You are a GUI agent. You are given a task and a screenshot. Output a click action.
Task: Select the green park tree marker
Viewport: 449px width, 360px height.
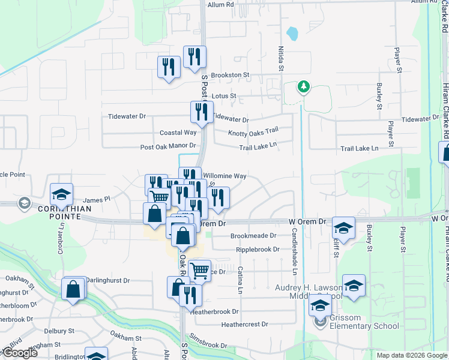(304, 87)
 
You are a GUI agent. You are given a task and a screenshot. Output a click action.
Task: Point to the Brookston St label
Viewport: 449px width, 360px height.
(229, 75)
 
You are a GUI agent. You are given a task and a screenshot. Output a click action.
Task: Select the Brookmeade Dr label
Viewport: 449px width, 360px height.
(253, 236)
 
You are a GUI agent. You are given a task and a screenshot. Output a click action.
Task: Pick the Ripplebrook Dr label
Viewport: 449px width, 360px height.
(258, 249)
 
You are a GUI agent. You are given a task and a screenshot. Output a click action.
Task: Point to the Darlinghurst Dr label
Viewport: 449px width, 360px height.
(107, 280)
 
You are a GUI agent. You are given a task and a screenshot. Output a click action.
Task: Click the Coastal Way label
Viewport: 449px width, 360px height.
(178, 133)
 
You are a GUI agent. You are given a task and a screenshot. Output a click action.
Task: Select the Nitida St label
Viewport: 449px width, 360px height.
(280, 58)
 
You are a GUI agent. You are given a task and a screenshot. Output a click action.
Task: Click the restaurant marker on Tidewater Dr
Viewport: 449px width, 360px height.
(202, 112)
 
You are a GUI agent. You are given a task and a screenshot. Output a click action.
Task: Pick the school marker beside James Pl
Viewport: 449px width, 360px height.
(61, 194)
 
